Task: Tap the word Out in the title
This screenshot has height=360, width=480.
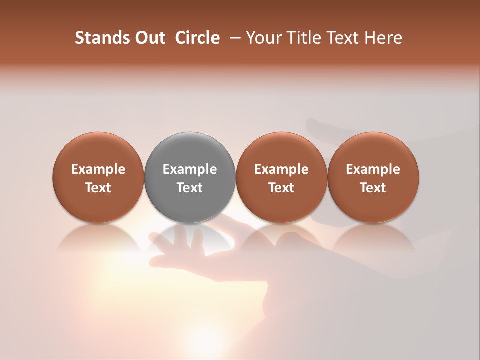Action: point(149,38)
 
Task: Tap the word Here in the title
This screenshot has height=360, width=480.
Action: point(384,38)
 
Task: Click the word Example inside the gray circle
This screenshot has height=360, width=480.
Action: point(190,169)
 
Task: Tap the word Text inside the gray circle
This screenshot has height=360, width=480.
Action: point(190,188)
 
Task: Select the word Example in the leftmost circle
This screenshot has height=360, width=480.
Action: point(98,169)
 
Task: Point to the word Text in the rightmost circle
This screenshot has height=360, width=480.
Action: point(373,188)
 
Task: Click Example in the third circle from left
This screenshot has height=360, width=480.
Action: point(281,169)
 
